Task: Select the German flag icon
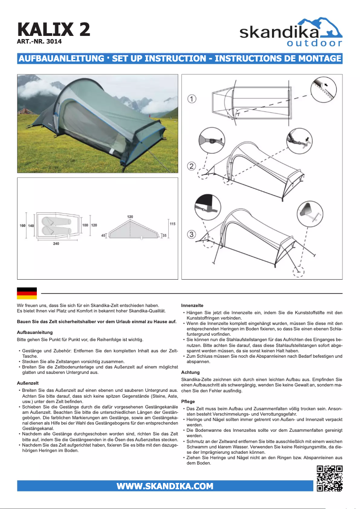(x=26, y=293)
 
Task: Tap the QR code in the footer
(x=329, y=478)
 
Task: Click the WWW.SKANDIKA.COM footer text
(x=165, y=486)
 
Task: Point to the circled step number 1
(x=192, y=99)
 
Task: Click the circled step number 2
(x=192, y=166)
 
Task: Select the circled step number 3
(x=192, y=234)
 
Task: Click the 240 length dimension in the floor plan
(x=56, y=244)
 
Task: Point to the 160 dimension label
(x=22, y=225)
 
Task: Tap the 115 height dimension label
(x=172, y=224)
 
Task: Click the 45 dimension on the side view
(x=103, y=235)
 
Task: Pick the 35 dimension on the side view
(x=165, y=235)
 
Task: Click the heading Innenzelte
(x=192, y=305)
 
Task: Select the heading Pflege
(x=188, y=401)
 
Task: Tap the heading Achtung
(x=190, y=373)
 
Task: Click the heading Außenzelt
(x=28, y=383)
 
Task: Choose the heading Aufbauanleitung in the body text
(x=35, y=332)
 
